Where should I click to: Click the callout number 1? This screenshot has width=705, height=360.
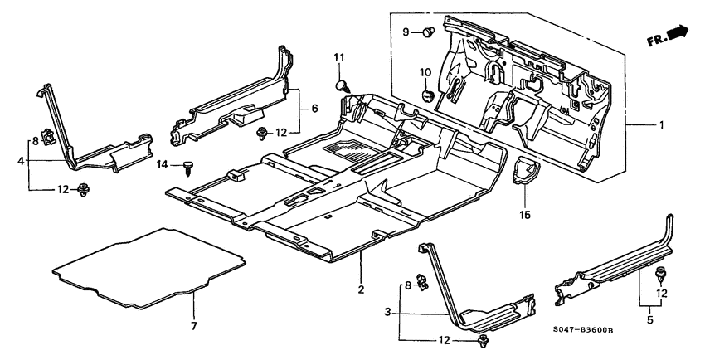click(661, 125)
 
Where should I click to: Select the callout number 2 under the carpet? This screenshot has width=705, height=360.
click(362, 289)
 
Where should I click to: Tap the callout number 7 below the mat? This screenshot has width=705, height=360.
click(193, 326)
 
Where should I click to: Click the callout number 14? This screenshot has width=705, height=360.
click(163, 166)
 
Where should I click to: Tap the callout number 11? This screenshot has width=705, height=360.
click(338, 57)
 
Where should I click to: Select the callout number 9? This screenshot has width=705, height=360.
click(407, 32)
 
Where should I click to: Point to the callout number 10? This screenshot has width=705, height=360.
click(424, 73)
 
